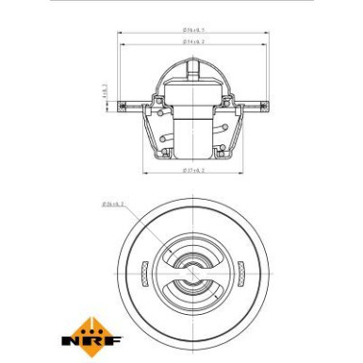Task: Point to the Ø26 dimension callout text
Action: (x=111, y=203)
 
